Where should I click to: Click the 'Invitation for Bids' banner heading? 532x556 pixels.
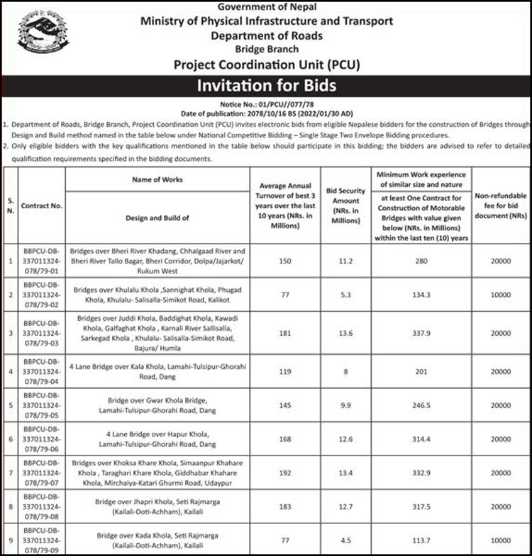pyautogui.click(x=266, y=87)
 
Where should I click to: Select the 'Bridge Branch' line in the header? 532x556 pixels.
pyautogui.click(x=266, y=49)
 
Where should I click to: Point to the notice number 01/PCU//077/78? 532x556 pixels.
pyautogui.click(x=266, y=104)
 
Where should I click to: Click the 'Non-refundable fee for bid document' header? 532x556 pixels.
pyautogui.click(x=500, y=205)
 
